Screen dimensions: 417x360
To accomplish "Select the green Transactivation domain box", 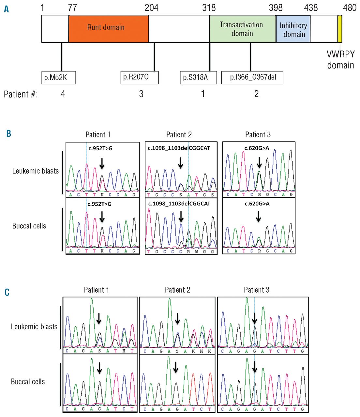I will point(242,29).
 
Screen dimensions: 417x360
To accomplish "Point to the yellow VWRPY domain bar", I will point(340,29).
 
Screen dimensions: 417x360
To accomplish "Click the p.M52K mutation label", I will point(59,78).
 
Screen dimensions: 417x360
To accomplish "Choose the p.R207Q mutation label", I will point(139,78).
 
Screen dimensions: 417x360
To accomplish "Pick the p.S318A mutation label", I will point(198,78).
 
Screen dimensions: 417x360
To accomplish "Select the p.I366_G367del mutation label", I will point(252,78).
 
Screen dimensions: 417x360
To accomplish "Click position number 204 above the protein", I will point(152,7).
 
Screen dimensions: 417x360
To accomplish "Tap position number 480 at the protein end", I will point(350,7).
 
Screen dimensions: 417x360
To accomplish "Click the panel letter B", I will point(9,134).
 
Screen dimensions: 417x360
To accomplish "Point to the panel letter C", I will point(7,292).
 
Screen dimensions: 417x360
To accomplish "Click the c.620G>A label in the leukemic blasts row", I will point(257,148).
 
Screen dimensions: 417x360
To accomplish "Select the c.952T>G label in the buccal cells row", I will point(99,204).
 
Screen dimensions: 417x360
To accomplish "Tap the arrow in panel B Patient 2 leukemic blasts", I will point(180,163).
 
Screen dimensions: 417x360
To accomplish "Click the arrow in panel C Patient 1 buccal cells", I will point(99,368).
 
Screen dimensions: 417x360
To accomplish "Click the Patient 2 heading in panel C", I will point(177,290).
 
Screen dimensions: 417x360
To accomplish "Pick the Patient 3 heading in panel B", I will point(258,135).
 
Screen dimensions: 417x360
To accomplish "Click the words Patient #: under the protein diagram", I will point(21,94).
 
